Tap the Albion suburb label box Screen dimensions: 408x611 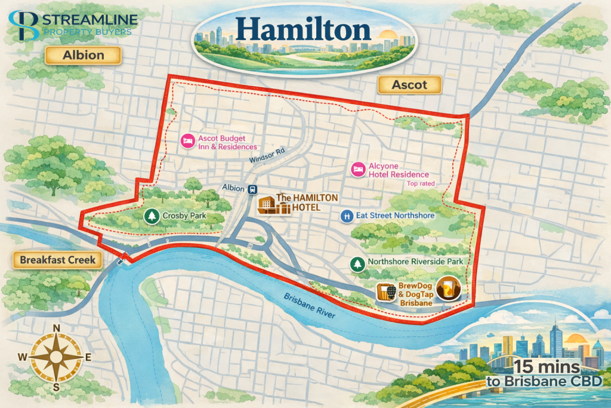[83, 56]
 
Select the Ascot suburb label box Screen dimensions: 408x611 [409, 85]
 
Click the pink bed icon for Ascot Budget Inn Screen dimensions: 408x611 [187, 141]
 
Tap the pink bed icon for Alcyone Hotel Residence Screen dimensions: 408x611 [358, 169]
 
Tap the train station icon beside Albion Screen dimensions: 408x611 [253, 189]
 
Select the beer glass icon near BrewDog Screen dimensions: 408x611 [446, 290]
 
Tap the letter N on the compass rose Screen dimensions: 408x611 [57, 328]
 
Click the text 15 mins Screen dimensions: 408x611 [550, 366]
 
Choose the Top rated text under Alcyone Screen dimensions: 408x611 [421, 184]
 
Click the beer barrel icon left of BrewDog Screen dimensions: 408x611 [386, 291]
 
